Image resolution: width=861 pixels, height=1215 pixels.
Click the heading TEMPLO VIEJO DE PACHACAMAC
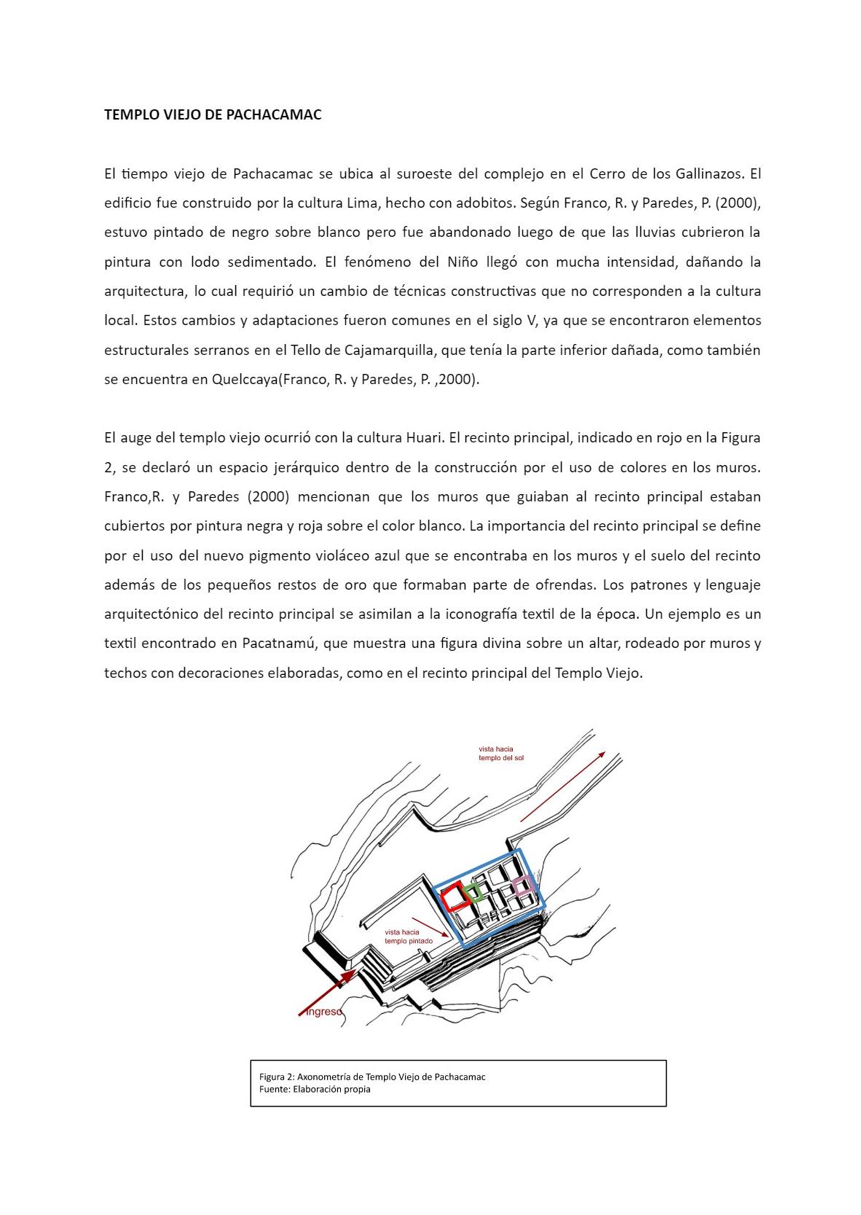click(213, 114)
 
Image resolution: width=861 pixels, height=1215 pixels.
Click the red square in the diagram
click(455, 896)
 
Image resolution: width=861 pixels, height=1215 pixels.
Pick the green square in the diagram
click(474, 893)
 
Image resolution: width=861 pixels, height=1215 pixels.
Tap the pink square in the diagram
click(523, 886)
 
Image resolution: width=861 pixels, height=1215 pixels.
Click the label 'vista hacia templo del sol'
click(500, 753)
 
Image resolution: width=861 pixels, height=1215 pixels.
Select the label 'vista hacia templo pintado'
click(408, 937)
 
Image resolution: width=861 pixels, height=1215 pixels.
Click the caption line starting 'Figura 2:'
click(371, 1077)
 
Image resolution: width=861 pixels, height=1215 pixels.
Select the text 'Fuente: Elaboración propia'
click(315, 1090)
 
